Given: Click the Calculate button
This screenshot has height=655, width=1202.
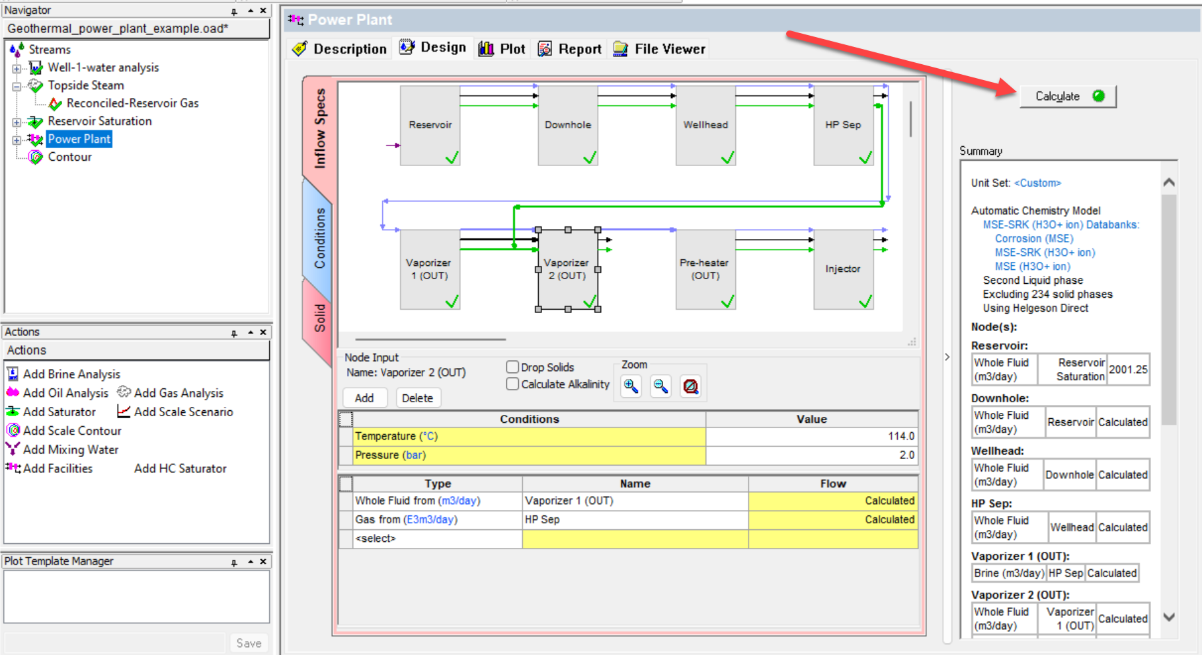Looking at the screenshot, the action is pos(1068,97).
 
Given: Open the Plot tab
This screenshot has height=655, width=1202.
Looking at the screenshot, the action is pos(502,49).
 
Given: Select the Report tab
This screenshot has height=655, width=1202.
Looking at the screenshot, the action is pos(570,49).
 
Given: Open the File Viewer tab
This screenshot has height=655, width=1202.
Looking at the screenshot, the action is pos(659,49).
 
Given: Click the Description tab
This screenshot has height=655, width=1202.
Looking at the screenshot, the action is pos(340,49).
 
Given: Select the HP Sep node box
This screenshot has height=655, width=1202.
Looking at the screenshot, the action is pos(844,126).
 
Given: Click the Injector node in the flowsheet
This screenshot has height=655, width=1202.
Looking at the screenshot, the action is pos(844,269).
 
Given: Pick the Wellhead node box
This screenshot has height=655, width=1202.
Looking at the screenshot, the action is pos(705,126).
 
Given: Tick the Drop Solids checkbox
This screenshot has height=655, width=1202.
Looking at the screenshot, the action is pos(512,367).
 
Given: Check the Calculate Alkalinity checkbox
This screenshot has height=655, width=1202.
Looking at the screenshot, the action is pos(512,384).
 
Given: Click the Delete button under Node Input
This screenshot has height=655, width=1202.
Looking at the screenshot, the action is pos(418,398).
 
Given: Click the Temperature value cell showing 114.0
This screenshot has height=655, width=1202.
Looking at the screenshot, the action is pos(811,437).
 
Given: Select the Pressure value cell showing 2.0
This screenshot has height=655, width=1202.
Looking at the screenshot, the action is pos(811,455).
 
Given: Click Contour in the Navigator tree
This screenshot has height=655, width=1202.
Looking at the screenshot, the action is pos(69,157).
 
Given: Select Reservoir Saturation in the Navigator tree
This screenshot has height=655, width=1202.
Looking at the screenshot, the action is pos(100,122).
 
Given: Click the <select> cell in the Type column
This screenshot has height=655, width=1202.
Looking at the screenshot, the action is pos(437,539).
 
